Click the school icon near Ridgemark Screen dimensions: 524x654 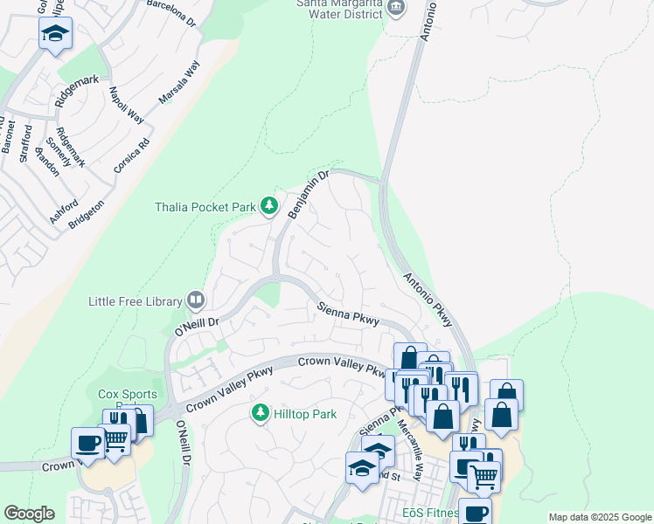(x=55, y=34)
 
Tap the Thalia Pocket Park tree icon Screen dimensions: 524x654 (x=269, y=207)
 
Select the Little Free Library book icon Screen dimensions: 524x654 (x=196, y=301)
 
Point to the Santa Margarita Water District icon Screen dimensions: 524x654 (x=396, y=8)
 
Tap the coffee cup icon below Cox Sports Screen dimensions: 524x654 (x=87, y=443)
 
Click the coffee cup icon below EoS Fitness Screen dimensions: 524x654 (x=475, y=514)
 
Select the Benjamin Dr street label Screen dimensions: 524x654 (x=307, y=195)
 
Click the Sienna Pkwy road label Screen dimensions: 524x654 (x=348, y=314)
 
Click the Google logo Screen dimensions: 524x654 (x=29, y=514)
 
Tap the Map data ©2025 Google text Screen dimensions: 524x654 (x=599, y=517)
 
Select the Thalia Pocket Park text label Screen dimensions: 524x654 (x=205, y=207)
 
